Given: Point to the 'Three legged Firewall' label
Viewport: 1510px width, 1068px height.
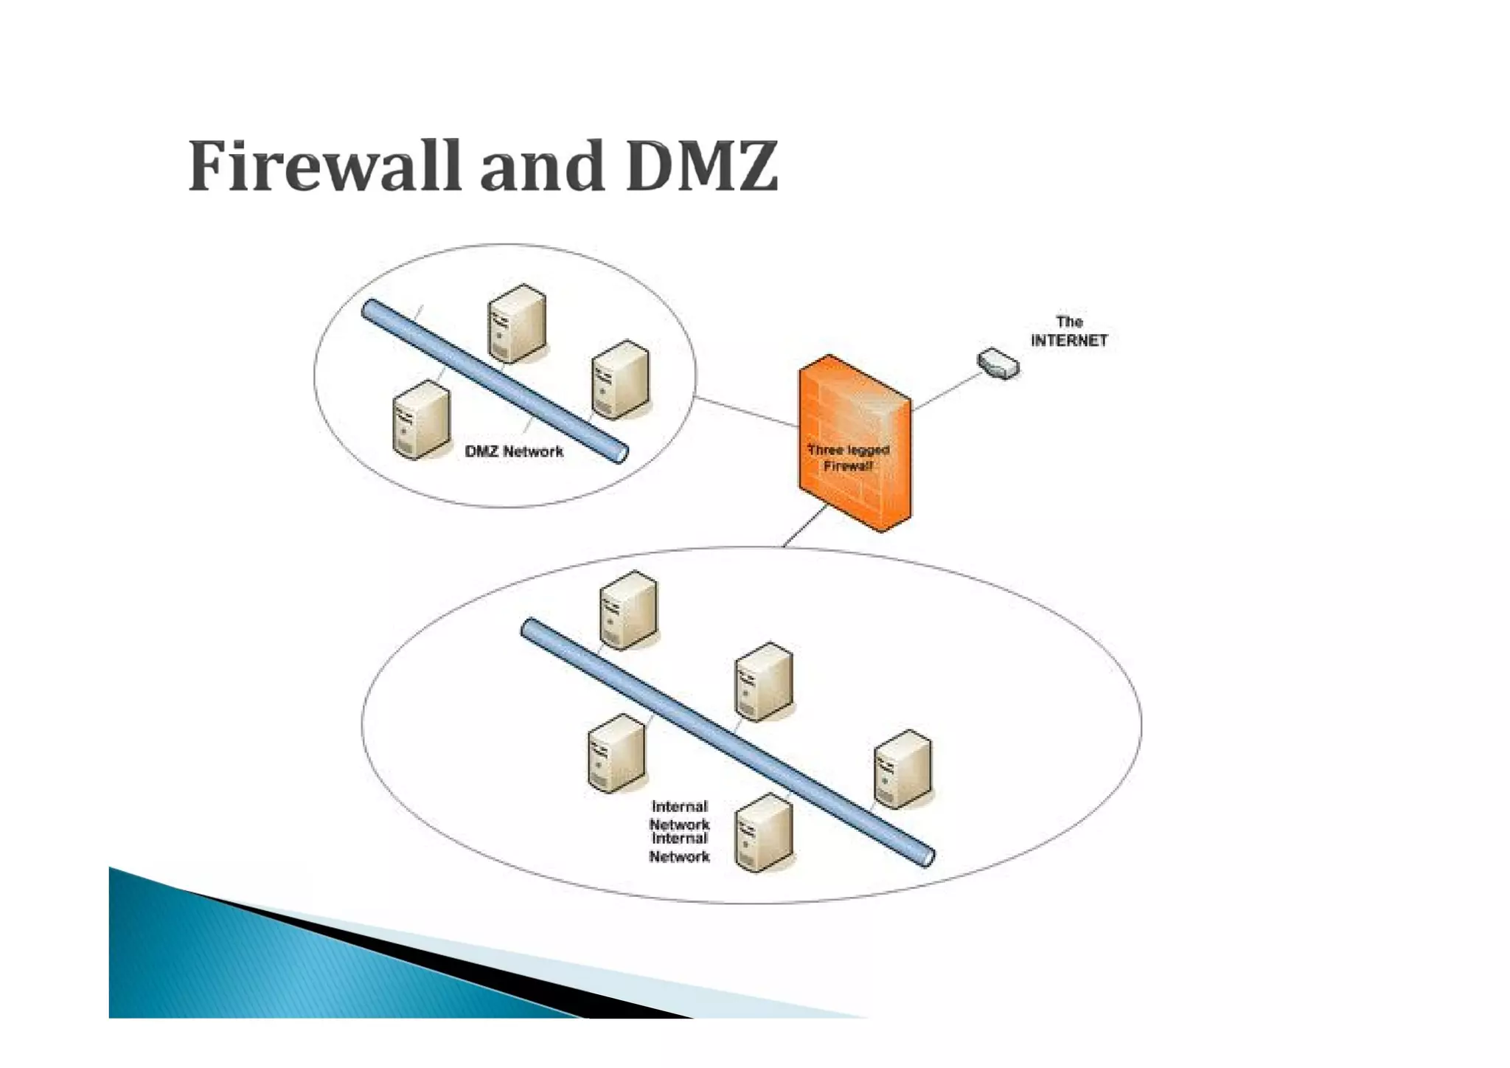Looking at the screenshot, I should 848,457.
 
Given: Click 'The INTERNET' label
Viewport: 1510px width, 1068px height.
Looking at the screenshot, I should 1069,331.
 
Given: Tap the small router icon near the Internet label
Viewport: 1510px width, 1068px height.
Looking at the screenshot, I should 998,364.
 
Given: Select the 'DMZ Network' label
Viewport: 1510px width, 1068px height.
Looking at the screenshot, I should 514,451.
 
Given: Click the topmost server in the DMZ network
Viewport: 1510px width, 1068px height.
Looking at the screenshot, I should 517,323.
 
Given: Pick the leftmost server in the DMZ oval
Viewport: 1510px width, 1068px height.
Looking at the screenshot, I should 421,419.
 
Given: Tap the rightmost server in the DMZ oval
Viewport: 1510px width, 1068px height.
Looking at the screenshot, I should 621,379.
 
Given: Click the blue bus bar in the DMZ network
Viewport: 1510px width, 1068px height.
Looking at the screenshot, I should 494,381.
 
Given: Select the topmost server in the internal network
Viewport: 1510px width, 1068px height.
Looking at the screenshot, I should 628,610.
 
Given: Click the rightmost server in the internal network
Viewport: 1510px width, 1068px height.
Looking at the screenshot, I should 902,768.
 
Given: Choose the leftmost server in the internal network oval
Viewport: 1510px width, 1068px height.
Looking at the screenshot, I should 616,752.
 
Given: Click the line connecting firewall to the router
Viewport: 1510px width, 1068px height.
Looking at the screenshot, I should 947,389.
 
